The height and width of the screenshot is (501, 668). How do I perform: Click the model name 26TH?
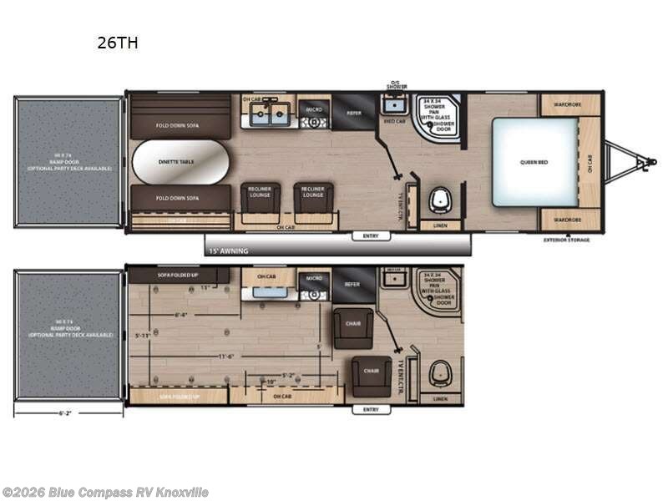click(x=117, y=43)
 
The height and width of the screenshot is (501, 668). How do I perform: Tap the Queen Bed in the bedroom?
click(x=534, y=161)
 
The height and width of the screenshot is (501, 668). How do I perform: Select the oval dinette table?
click(x=180, y=161)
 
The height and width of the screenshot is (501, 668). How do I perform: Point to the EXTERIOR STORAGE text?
click(x=567, y=240)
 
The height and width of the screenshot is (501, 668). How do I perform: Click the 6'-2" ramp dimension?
click(x=68, y=412)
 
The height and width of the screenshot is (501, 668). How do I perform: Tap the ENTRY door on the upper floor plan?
click(x=371, y=236)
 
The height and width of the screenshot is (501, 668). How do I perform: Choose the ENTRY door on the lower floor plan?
click(x=371, y=409)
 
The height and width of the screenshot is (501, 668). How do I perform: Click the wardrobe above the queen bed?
click(x=570, y=105)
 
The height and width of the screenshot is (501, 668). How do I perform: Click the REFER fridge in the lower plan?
click(x=354, y=284)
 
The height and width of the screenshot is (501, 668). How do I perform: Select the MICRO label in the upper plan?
click(x=314, y=109)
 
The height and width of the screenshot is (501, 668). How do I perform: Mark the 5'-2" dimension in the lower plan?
click(x=286, y=375)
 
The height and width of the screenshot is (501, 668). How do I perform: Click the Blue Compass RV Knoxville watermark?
click(x=105, y=492)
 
